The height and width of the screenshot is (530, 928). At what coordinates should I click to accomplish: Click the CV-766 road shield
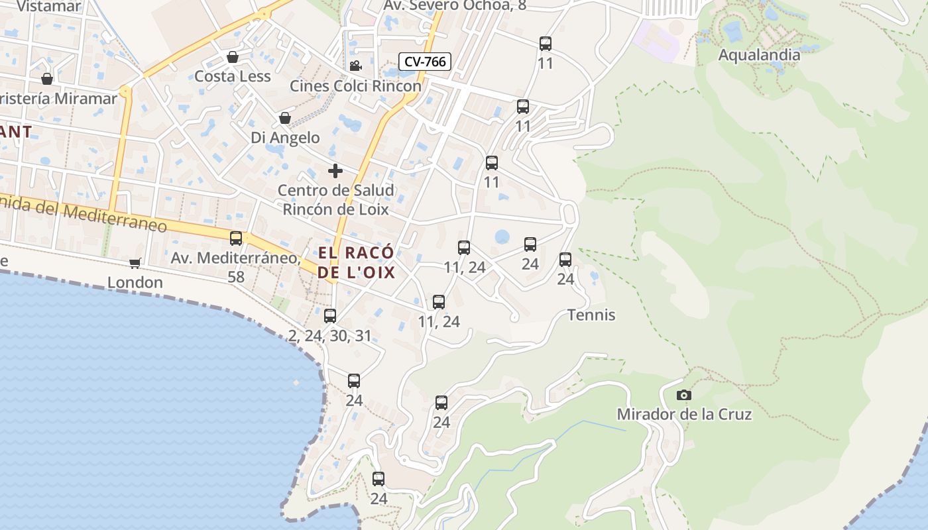pyautogui.click(x=425, y=62)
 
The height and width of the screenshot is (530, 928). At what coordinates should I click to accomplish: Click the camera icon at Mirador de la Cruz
pyautogui.click(x=683, y=396)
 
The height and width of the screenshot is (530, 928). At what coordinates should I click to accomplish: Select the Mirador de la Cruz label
pyautogui.click(x=684, y=414)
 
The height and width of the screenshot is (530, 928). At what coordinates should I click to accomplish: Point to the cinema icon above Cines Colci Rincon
pyautogui.click(x=355, y=66)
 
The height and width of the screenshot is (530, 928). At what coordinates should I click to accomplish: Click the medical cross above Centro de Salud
pyautogui.click(x=335, y=171)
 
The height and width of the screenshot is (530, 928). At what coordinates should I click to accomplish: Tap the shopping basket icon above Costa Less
pyautogui.click(x=232, y=57)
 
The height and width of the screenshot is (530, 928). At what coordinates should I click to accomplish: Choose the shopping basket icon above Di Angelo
pyautogui.click(x=284, y=118)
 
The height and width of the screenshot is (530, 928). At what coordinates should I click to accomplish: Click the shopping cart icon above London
pyautogui.click(x=135, y=264)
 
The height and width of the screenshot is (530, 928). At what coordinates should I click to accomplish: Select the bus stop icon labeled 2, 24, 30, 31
pyautogui.click(x=330, y=315)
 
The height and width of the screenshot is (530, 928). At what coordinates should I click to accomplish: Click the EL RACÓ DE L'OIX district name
pyautogui.click(x=356, y=262)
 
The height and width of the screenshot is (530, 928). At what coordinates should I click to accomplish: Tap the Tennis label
pyautogui.click(x=591, y=315)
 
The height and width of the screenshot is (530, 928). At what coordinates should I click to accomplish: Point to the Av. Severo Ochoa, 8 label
pyautogui.click(x=455, y=6)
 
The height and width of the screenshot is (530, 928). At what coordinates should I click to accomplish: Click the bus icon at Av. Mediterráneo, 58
pyautogui.click(x=236, y=238)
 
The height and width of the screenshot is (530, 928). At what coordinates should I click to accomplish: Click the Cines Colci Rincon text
pyautogui.click(x=355, y=86)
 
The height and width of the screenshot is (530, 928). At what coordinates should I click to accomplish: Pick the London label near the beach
pyautogui.click(x=135, y=283)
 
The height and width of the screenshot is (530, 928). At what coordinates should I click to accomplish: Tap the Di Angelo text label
pyautogui.click(x=285, y=138)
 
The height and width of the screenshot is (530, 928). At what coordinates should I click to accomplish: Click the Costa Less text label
pyautogui.click(x=232, y=76)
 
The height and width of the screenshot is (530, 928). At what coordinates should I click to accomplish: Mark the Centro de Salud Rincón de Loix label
pyautogui.click(x=335, y=199)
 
